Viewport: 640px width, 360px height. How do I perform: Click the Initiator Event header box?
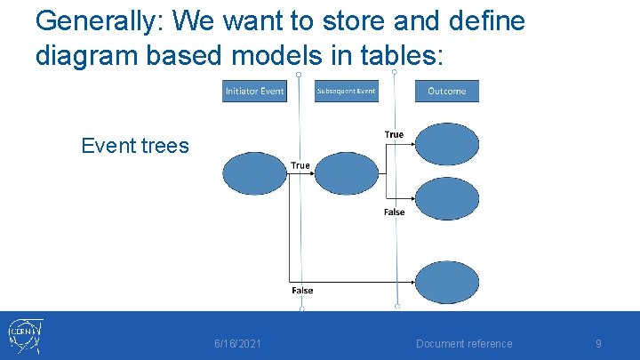[254, 92]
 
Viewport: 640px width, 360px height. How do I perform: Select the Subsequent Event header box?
[346, 92]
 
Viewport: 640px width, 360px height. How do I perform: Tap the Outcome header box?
[446, 92]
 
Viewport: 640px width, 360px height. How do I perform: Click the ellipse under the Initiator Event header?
[254, 173]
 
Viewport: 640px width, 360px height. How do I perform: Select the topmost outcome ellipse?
[447, 144]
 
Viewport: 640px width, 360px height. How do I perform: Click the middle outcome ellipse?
[447, 198]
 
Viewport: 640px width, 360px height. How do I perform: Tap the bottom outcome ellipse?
[447, 283]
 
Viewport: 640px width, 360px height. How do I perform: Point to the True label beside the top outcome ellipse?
[394, 135]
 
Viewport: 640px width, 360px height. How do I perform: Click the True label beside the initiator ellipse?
[300, 165]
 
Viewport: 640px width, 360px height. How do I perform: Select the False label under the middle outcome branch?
[394, 212]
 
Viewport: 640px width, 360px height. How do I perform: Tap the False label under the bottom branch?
[302, 291]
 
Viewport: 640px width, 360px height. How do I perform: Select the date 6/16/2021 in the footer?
[237, 344]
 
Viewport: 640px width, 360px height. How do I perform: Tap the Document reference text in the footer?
[464, 344]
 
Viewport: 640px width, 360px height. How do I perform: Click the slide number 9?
[598, 344]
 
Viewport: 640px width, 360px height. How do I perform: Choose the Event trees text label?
[135, 146]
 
